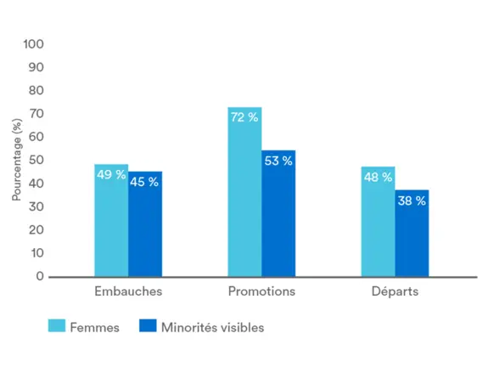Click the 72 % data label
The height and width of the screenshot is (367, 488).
pyautogui.click(x=244, y=117)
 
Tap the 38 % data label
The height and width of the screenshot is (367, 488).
pyautogui.click(x=412, y=200)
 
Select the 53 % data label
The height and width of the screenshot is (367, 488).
pyautogui.click(x=278, y=161)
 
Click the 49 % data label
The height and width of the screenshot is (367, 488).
pyautogui.click(x=111, y=175)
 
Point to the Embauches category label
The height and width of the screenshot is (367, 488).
pyautogui.click(x=127, y=291)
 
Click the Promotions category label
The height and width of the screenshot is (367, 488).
pyautogui.click(x=261, y=291)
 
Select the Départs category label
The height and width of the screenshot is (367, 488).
pyautogui.click(x=395, y=291)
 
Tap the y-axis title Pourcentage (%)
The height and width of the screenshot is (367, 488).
pyautogui.click(x=16, y=160)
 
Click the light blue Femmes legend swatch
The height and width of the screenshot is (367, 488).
pyautogui.click(x=57, y=326)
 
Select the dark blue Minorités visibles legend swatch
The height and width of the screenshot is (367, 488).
pyautogui.click(x=148, y=326)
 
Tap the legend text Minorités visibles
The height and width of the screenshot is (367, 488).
pyautogui.click(x=212, y=327)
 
